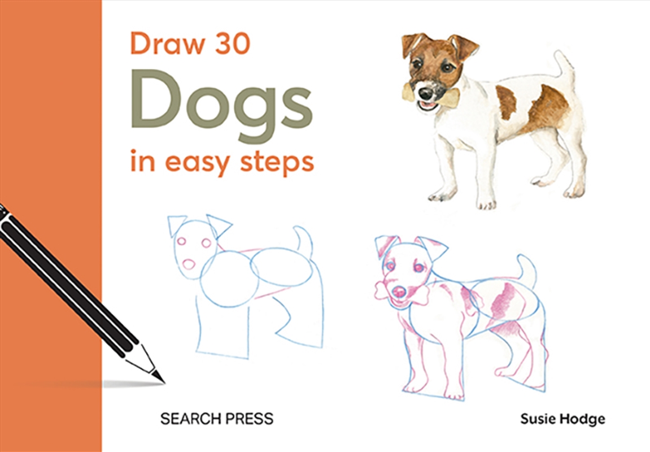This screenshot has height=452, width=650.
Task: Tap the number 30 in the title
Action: click(228, 44)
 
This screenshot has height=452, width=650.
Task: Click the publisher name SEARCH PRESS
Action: click(217, 419)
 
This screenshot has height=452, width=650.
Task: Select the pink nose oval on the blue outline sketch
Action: click(189, 264)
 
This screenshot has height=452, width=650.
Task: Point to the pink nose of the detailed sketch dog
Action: click(399, 292)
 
